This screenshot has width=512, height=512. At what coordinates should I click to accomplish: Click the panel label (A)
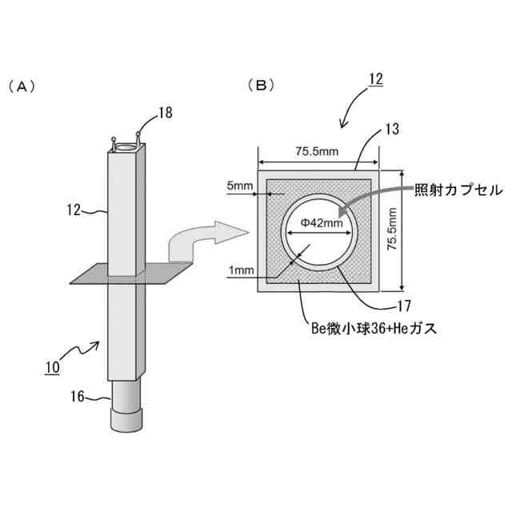coord(22,86)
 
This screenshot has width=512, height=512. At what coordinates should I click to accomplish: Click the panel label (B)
coord(261,85)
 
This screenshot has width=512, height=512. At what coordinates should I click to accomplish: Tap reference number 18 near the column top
coord(165,113)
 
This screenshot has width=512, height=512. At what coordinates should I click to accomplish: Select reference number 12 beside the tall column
coord(75,211)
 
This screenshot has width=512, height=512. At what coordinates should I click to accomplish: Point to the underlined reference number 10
coord(51,368)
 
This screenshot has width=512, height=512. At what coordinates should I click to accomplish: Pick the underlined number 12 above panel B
coord(375,79)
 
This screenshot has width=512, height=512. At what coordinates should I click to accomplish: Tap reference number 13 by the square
coord(391,129)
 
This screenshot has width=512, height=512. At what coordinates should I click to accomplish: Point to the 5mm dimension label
coord(240,186)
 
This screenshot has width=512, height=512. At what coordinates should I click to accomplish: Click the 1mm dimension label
coord(242,270)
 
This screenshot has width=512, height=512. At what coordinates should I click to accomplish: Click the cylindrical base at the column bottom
coord(127,409)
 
